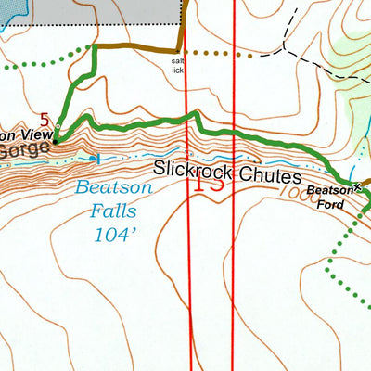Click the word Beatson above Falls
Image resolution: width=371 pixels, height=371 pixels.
tap(113, 187)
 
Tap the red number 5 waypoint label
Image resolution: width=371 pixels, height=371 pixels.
tap(45, 119)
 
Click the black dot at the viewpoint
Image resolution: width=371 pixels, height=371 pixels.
tap(55, 141)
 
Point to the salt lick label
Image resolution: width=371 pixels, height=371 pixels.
tap(178, 66)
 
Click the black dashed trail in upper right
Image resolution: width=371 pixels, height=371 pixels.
tap(315, 65)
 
